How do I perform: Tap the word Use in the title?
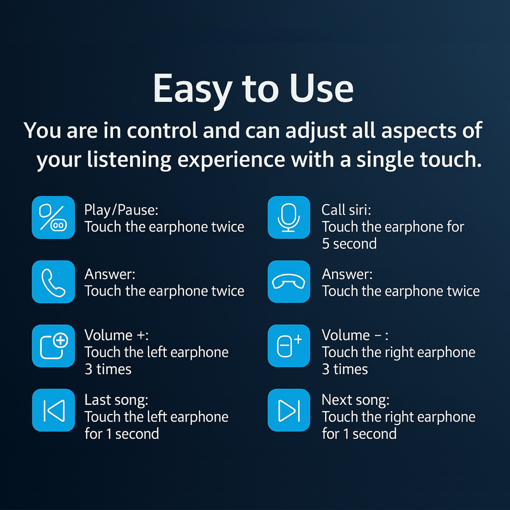(322, 88)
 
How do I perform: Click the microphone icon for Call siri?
(289, 218)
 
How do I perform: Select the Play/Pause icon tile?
(53, 218)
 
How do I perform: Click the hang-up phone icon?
(289, 282)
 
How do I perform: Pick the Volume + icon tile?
(53, 346)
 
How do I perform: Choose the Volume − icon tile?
(289, 346)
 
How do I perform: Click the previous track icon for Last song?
(54, 411)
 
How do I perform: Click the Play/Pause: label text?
(121, 211)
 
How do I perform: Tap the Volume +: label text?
(116, 335)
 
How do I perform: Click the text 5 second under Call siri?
(349, 244)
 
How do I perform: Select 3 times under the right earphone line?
(345, 369)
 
